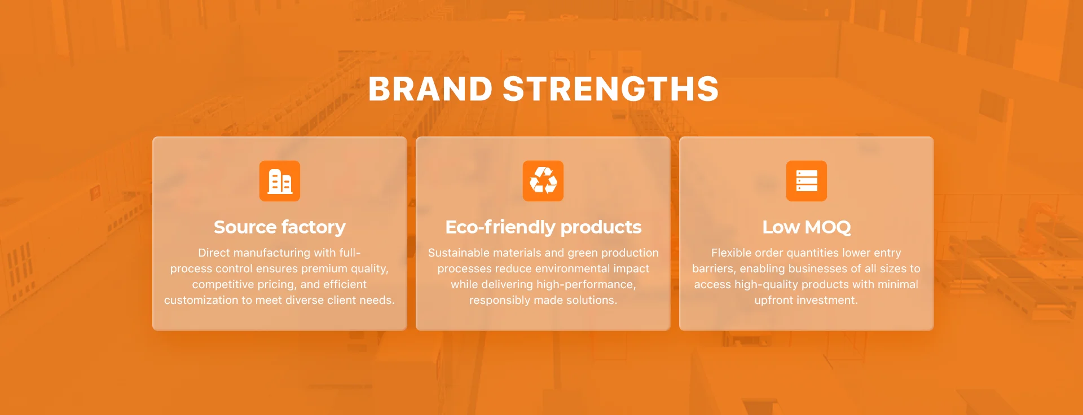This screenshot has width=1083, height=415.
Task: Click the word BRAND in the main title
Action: coord(430,89)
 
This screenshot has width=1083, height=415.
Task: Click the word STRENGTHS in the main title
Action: coord(611,89)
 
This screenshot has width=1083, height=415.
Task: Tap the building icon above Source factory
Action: coord(280,181)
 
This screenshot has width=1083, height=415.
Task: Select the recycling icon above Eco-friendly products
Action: coord(543,181)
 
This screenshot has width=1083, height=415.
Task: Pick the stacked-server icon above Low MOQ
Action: coord(807,181)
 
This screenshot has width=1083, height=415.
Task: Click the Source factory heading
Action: coord(280,227)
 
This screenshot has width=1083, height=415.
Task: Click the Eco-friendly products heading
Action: coord(543,227)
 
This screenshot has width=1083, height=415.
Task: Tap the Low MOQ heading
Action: coord(807,227)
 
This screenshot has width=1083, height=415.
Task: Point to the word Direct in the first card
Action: coord(214,253)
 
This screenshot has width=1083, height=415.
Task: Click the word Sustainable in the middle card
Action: coord(456,253)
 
